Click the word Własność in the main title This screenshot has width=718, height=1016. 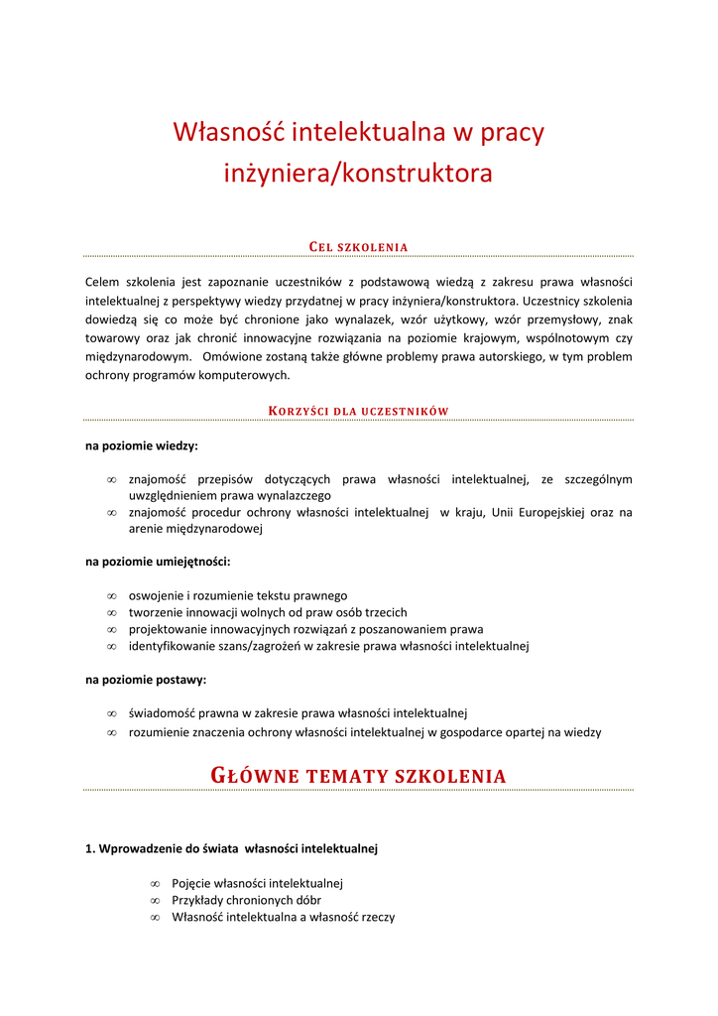click(216, 132)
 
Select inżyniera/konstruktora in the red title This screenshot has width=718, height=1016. click(358, 174)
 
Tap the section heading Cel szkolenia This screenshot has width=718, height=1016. click(359, 247)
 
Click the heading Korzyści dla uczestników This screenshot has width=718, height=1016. click(359, 411)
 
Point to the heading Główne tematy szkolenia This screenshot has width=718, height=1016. click(359, 775)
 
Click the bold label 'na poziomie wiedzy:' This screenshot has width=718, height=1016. click(142, 445)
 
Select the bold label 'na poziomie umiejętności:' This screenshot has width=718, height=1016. click(158, 562)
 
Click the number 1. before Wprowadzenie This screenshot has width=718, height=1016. click(90, 848)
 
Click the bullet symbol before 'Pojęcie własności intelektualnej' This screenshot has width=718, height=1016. click(155, 883)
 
